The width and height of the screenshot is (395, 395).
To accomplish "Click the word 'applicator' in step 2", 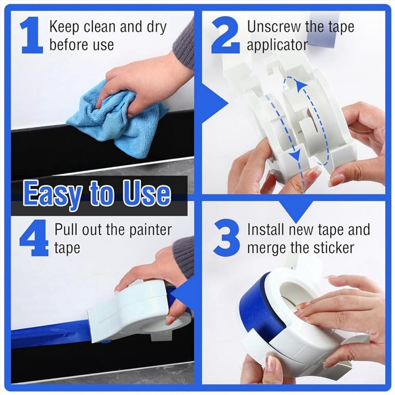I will pos(277,45).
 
